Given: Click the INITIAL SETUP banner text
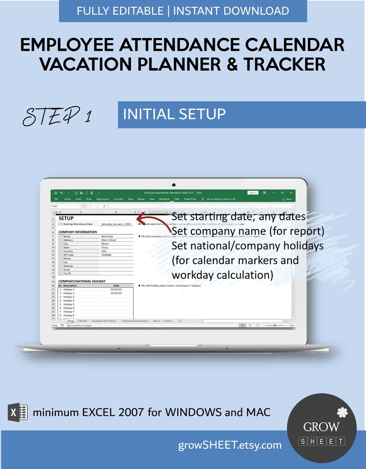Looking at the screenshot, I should coord(174,114).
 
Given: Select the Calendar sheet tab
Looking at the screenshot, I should coord(83,320).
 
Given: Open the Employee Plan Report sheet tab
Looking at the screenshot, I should coord(104,320).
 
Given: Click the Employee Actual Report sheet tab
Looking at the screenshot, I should coord(135,320).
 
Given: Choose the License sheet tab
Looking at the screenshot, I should coord(167,320).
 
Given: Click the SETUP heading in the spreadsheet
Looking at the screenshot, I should coord(66,218).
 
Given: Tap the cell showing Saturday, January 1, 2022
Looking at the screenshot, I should coord(116,224).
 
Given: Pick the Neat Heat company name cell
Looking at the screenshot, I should coord(107,236).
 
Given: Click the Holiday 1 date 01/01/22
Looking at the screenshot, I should coord(116,289).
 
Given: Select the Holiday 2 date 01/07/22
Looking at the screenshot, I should coord(116,293).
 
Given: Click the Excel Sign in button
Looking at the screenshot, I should coord(253,192).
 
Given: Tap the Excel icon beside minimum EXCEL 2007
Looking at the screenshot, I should coord(18,411).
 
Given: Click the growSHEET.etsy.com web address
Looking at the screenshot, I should coord(230,445).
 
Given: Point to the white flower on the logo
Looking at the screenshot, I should coord(341,411).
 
